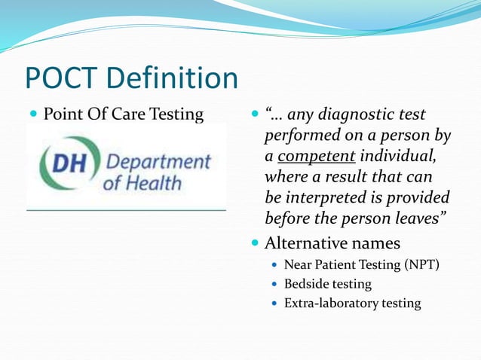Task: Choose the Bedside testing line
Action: pyautogui.click(x=327, y=284)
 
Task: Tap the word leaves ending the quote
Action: pyautogui.click(x=412, y=218)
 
